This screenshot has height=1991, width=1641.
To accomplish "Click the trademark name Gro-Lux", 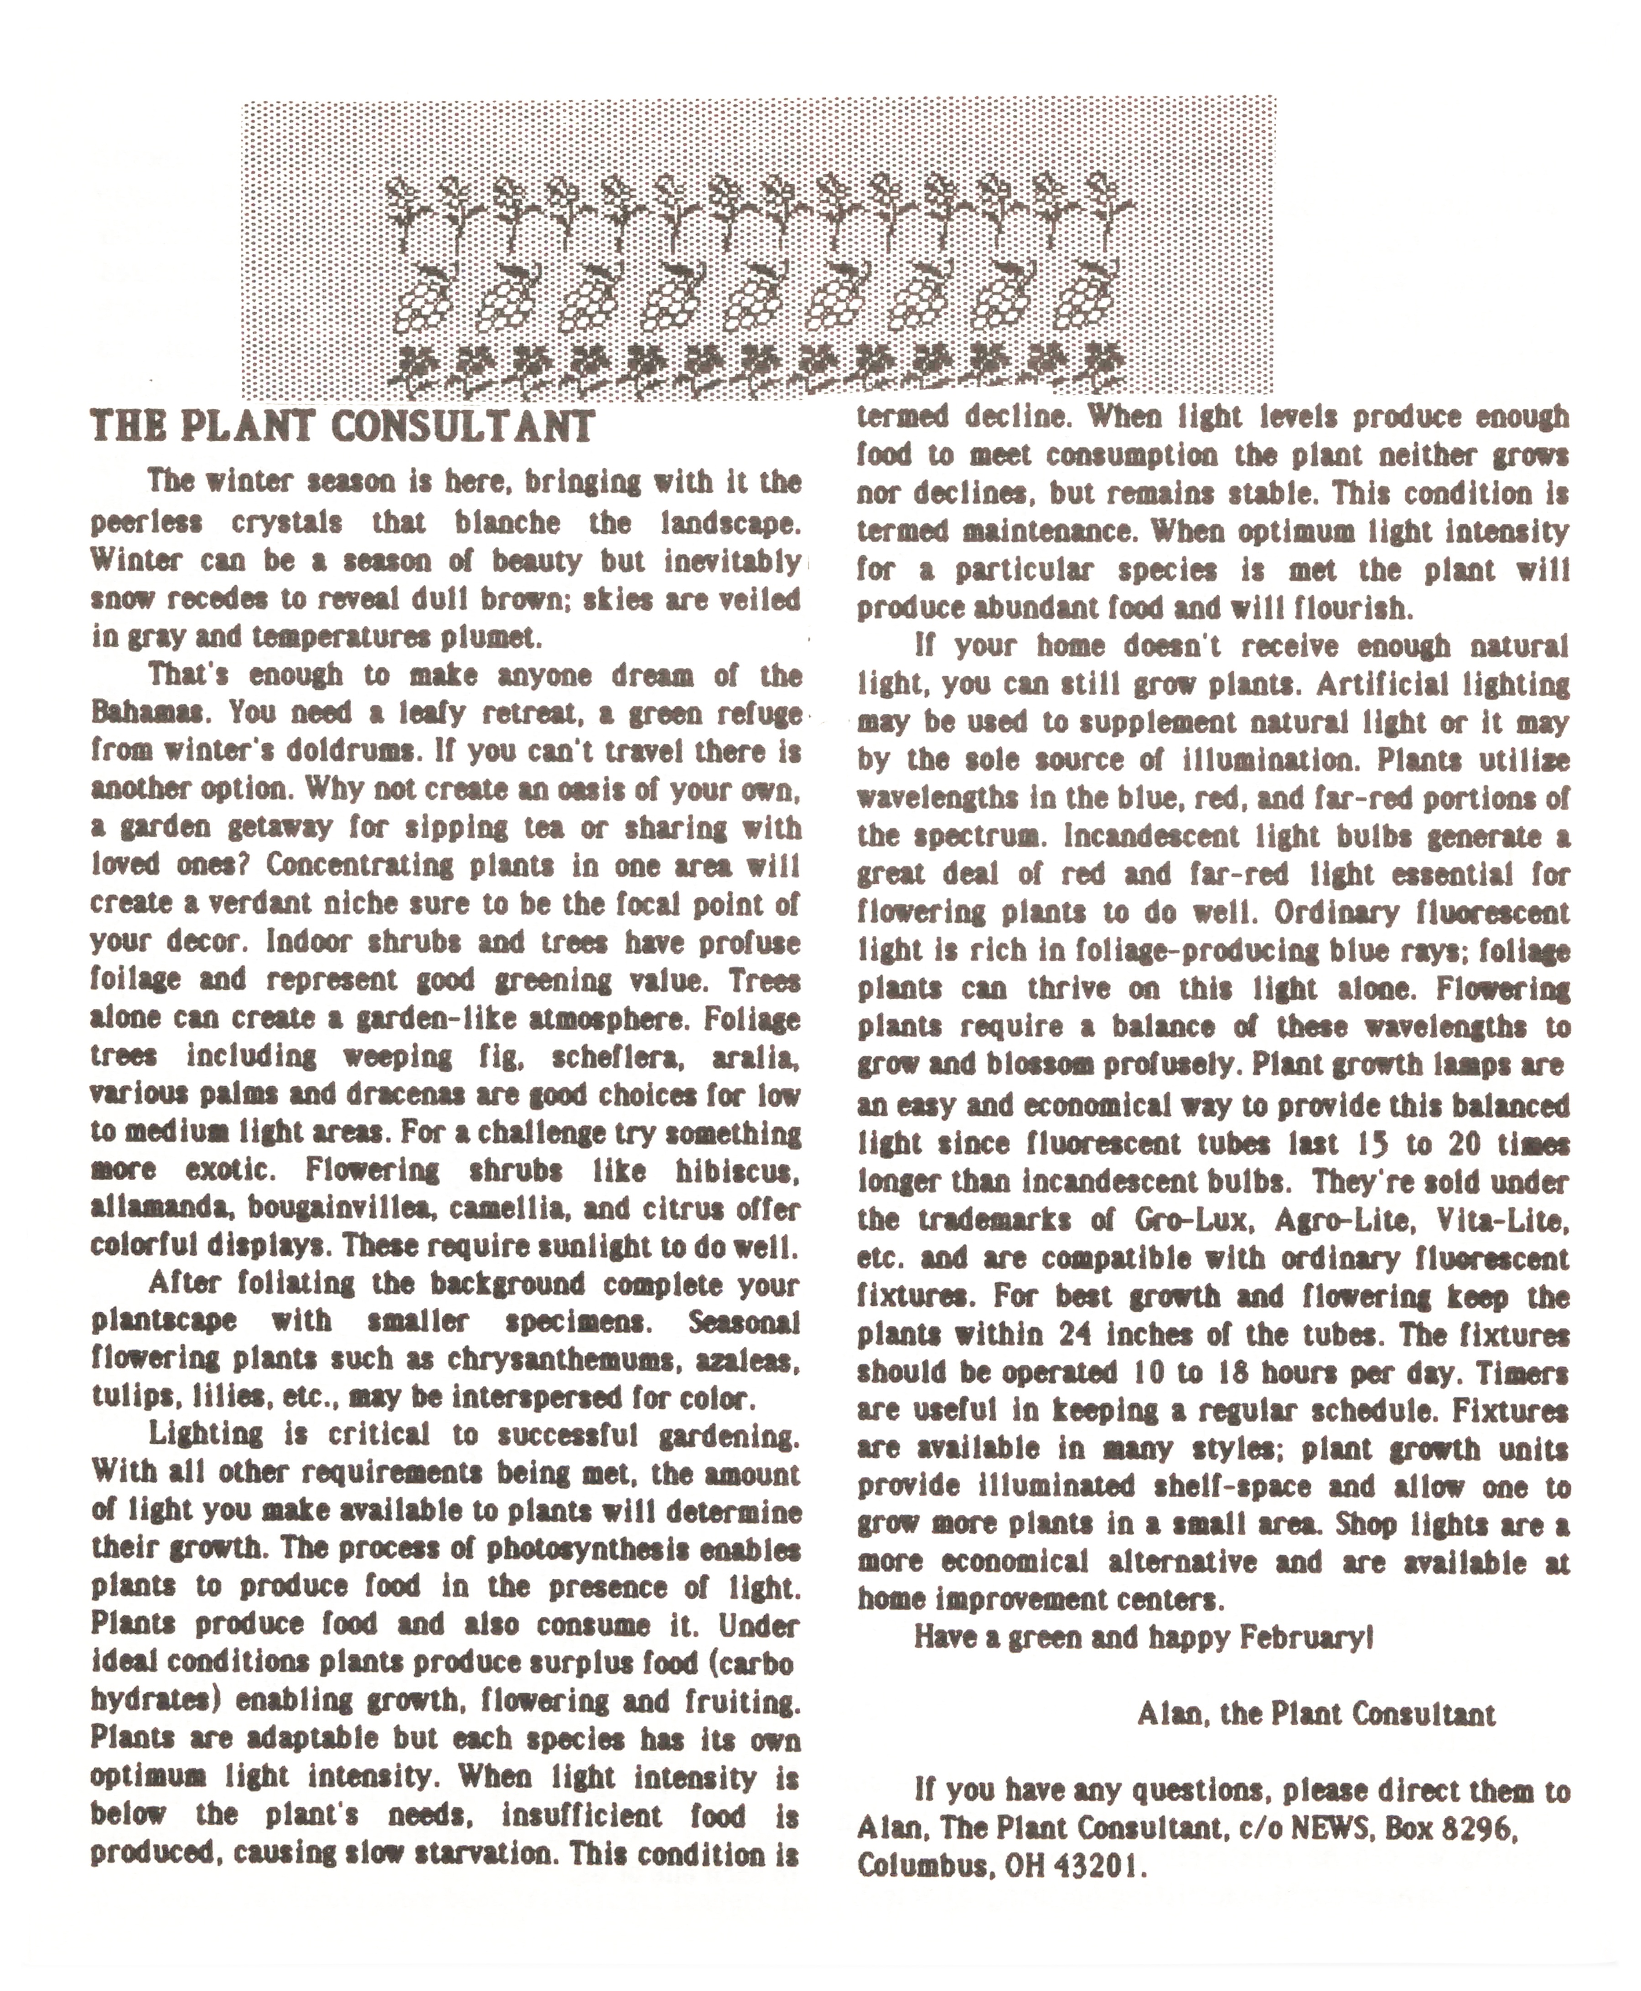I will click(x=1193, y=1220).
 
